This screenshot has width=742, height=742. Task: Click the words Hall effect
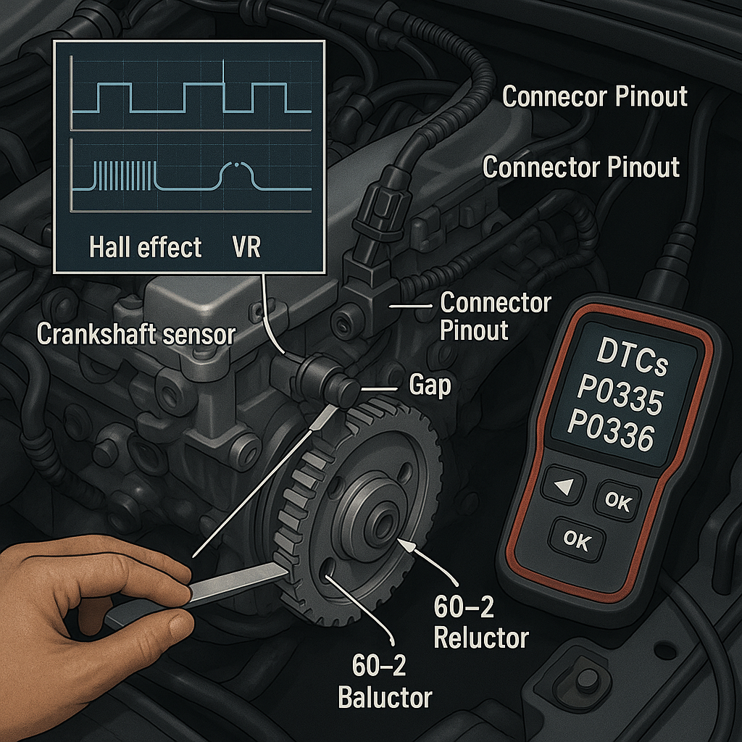[x=145, y=248]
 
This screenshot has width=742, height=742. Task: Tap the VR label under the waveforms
[x=246, y=248]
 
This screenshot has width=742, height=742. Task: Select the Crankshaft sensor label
[x=136, y=334]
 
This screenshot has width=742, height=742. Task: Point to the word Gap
[x=430, y=385]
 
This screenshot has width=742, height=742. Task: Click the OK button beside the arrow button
[x=617, y=501]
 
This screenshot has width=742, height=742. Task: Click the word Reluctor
[x=481, y=638]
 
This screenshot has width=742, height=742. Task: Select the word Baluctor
[x=385, y=697]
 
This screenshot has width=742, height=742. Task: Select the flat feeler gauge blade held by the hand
[x=239, y=583]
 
